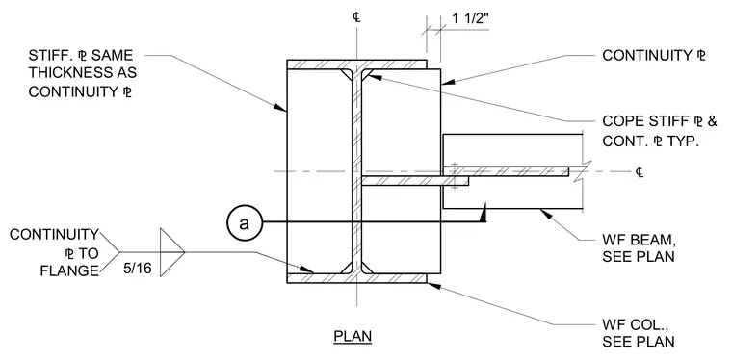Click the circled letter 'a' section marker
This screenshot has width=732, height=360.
[244, 223]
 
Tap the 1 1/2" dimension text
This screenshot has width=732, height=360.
[470, 19]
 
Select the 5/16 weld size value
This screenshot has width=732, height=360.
[138, 269]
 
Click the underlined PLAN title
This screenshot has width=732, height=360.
[353, 336]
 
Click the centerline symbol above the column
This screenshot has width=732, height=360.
[356, 17]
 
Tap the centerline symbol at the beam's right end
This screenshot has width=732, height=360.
[640, 172]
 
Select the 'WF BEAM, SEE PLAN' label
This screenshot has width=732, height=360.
[639, 249]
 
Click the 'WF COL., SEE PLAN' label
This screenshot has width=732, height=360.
[639, 333]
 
